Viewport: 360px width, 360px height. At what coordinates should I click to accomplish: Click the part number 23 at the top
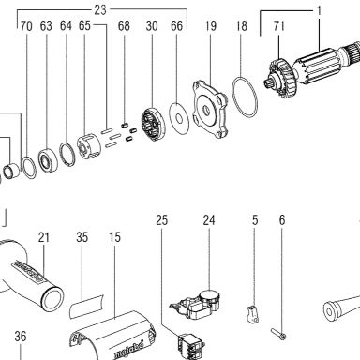(x=100, y=9)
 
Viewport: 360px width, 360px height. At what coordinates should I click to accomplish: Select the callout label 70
(x=26, y=26)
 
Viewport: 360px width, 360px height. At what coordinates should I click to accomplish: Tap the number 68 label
(x=124, y=26)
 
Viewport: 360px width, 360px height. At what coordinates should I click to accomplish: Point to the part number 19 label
(x=210, y=25)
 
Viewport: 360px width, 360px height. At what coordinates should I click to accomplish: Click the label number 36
(x=21, y=337)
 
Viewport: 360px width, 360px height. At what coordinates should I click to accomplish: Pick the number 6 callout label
(x=282, y=220)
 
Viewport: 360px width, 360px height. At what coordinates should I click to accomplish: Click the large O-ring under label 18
(x=246, y=97)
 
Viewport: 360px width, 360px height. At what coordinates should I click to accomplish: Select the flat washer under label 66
(x=179, y=118)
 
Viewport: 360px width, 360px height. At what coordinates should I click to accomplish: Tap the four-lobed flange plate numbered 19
(x=209, y=109)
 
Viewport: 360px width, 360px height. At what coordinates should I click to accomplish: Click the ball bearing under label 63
(x=48, y=160)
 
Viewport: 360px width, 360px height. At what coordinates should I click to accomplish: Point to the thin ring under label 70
(x=29, y=168)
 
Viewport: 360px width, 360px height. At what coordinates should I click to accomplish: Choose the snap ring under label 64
(x=67, y=155)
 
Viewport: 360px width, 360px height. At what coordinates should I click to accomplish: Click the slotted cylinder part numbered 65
(x=88, y=147)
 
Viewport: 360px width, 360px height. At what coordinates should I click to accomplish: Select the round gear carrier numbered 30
(x=152, y=124)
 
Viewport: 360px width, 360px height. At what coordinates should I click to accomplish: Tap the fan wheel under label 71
(x=282, y=77)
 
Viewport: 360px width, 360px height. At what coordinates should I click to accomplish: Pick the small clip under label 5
(x=253, y=315)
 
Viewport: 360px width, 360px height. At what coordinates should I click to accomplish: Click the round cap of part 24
(x=210, y=296)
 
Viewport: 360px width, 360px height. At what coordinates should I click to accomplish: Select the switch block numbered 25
(x=190, y=347)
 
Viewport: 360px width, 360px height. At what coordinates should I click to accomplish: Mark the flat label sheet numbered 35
(x=86, y=307)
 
